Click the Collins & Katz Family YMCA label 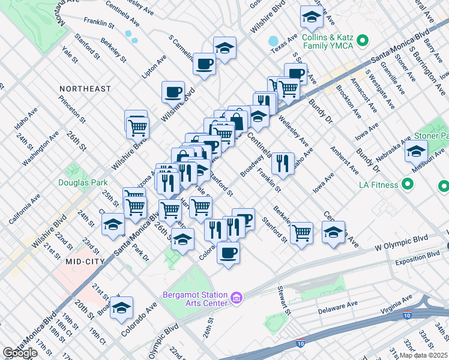coord(327,40)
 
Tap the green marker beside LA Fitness coord(408,184)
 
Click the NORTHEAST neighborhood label coord(85,89)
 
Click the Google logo coord(20,353)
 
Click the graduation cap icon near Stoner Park coord(415,152)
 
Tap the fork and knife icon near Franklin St coord(282,162)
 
